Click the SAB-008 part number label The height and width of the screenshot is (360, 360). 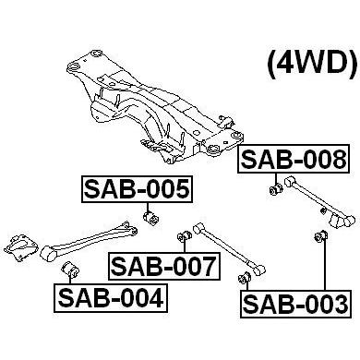pyautogui.click(x=294, y=160)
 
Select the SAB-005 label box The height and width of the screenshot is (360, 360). pyautogui.click(x=137, y=189)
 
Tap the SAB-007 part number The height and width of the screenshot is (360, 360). pyautogui.click(x=164, y=267)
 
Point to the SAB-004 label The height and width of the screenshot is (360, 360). pyautogui.click(x=111, y=298)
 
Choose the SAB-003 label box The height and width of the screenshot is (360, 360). pyautogui.click(x=295, y=304)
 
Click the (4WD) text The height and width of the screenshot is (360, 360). pyautogui.click(x=313, y=64)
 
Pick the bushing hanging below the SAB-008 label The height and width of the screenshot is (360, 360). pyautogui.click(x=276, y=188)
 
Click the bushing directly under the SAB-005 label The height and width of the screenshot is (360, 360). pyautogui.click(x=151, y=218)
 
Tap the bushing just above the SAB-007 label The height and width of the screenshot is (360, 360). pyautogui.click(x=185, y=236)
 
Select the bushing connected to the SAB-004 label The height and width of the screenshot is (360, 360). pyautogui.click(x=70, y=269)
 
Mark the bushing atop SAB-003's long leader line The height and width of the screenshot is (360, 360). pyautogui.click(x=321, y=235)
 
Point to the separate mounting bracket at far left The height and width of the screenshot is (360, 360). pyautogui.click(x=21, y=247)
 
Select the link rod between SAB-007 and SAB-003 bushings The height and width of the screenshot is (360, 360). pyautogui.click(x=229, y=249)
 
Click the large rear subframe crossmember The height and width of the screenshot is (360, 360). pyautogui.click(x=155, y=106)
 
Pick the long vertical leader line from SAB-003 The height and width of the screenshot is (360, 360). pyautogui.click(x=324, y=266)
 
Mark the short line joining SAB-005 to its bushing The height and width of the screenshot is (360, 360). pyautogui.click(x=148, y=207)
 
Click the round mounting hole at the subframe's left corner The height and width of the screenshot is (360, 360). pyautogui.click(x=74, y=66)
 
